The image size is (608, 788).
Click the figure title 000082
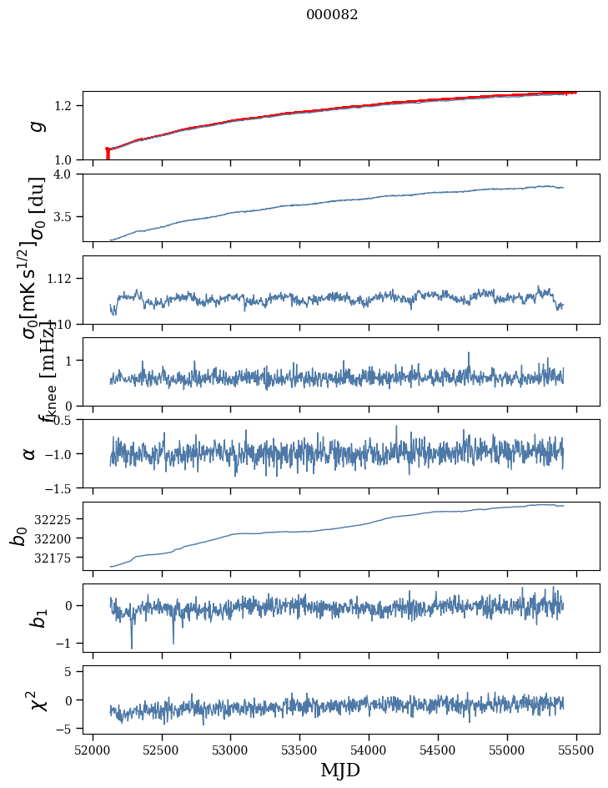(x=332, y=15)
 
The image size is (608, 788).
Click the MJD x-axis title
(x=340, y=770)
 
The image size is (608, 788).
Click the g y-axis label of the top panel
(x=36, y=126)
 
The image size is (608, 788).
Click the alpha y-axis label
(x=30, y=453)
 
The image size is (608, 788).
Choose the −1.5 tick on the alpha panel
(x=61, y=487)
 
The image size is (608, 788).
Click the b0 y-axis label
(x=18, y=535)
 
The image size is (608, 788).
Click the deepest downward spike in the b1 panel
(x=131, y=648)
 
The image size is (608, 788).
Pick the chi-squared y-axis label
(x=36, y=700)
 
